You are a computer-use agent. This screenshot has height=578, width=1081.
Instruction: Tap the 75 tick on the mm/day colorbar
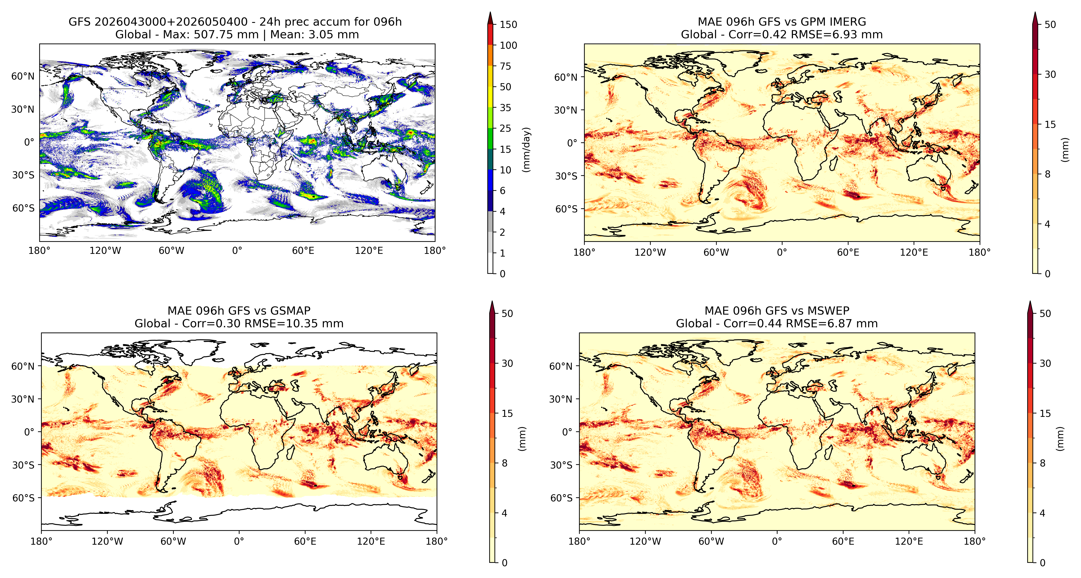coord(505,66)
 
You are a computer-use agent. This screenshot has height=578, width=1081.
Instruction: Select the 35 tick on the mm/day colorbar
coord(505,108)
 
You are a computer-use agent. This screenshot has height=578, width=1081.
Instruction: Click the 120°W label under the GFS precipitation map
coord(105,251)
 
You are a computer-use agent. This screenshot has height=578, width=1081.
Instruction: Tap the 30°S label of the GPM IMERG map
coord(567,176)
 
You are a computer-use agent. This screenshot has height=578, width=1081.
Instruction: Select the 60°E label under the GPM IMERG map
coord(848,253)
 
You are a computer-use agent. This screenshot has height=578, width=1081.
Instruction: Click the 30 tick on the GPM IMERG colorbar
coord(1050,74)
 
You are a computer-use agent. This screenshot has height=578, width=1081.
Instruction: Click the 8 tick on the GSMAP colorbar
coord(504,463)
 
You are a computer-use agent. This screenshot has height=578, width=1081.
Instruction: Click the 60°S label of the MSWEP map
coord(562,498)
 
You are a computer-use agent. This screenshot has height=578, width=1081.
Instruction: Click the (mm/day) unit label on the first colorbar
coord(526,149)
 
